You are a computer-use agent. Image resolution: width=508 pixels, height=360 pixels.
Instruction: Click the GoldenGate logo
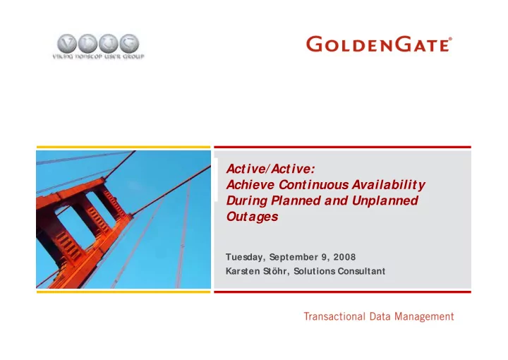point(379,44)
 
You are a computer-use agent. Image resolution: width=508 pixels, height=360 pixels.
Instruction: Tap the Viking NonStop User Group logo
point(98,47)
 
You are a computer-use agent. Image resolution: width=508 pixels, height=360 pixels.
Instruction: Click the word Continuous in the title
point(313,185)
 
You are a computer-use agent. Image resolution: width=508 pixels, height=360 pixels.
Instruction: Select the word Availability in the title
point(389,186)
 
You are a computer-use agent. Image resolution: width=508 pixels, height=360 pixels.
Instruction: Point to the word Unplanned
point(385,201)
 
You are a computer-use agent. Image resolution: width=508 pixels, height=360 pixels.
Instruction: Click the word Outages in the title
point(252,217)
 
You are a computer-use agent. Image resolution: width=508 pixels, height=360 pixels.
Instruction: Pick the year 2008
point(344,257)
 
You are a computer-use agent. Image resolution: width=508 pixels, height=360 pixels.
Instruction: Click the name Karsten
point(242,271)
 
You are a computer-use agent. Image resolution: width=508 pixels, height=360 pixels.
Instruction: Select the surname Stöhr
point(274,271)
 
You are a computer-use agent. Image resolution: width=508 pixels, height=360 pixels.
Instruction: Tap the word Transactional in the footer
point(334,316)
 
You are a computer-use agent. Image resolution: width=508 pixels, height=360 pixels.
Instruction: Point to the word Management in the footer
point(424,316)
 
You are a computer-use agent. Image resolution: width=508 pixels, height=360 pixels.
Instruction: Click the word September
point(294,257)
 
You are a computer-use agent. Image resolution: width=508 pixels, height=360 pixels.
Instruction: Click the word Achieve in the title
point(250,185)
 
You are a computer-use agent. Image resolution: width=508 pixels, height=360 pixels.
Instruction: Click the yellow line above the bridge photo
point(123,147)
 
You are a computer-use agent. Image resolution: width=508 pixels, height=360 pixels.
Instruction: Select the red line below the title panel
point(342,292)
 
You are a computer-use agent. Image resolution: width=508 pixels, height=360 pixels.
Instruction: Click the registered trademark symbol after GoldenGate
point(450,39)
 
